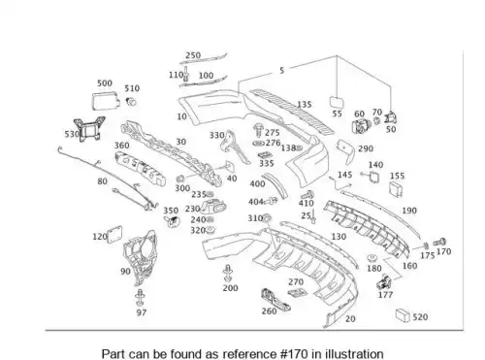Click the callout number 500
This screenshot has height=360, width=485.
coord(105,83)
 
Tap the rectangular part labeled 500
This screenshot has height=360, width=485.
coord(106,100)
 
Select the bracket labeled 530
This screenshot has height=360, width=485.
coord(89,129)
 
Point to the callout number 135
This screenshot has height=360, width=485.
coord(305,104)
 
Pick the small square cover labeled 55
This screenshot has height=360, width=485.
coord(337,102)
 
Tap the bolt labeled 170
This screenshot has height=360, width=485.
coord(439,242)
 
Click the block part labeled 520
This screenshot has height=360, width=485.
coord(403,314)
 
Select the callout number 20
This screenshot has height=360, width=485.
coord(350,319)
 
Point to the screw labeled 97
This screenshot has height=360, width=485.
coord(140,298)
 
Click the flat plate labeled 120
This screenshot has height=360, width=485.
coord(114,234)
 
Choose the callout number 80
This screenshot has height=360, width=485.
coord(102,181)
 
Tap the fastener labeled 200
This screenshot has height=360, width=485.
coord(228,274)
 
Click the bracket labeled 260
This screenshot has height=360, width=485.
coord(275,300)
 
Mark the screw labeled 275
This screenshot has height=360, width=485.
coord(258,130)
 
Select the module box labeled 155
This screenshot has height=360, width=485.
coord(396,189)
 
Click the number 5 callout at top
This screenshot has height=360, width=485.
coord(281,70)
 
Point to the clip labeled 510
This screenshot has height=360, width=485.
coord(131,102)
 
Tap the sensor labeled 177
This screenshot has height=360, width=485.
coord(384,282)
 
